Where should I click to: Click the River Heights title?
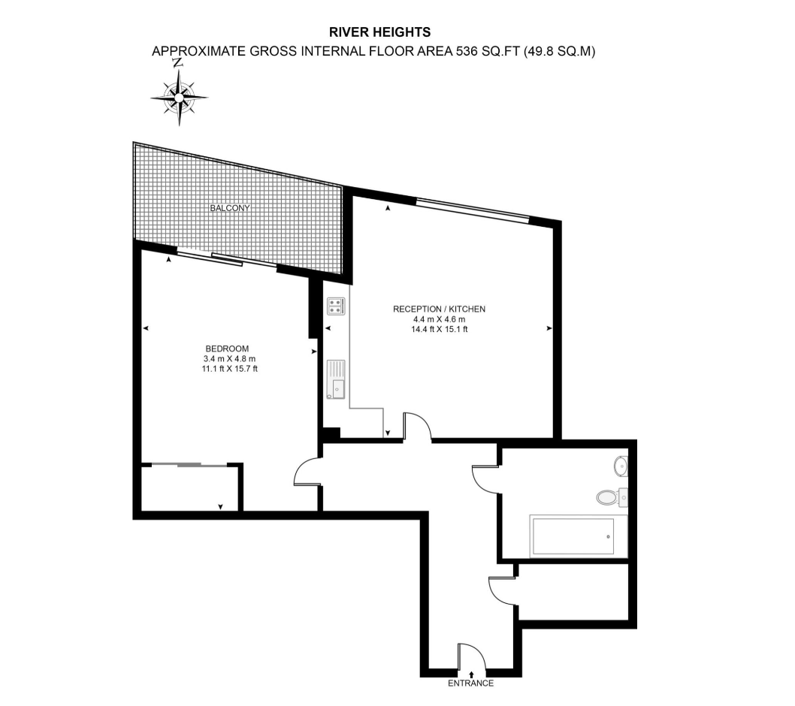point(379,32)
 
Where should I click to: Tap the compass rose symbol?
point(179,96)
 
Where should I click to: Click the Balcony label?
point(230,208)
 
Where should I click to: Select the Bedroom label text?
point(227,348)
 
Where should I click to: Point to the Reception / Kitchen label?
point(439,309)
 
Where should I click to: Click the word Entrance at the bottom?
point(470,683)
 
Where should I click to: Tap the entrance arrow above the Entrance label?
point(472,674)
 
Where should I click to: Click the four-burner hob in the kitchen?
point(336,306)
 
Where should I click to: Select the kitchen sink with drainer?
point(336,379)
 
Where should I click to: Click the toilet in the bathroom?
point(612,497)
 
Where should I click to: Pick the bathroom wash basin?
point(621,466)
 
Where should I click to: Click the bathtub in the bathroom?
point(578,536)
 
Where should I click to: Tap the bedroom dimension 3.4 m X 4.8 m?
point(230,359)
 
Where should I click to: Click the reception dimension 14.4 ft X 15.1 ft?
point(439,329)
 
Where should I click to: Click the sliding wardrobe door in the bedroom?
point(189,464)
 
